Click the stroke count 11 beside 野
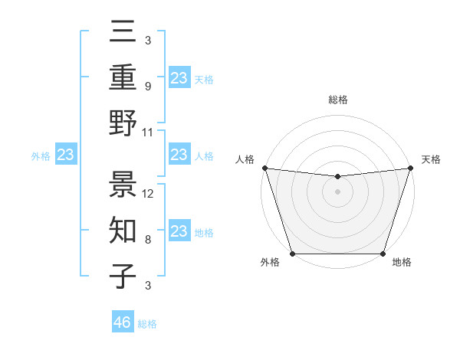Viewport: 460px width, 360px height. click(x=149, y=132)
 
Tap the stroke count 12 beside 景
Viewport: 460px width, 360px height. click(x=149, y=193)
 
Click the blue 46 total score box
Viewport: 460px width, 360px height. click(x=123, y=322)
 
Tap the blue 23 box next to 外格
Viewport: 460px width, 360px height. click(x=65, y=155)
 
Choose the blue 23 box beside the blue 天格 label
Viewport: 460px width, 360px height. click(x=179, y=77)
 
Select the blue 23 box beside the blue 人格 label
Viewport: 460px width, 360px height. click(x=179, y=155)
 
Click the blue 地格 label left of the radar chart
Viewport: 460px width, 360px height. click(x=204, y=233)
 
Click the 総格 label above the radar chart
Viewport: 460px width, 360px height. click(x=337, y=100)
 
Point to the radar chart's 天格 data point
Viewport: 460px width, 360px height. click(x=411, y=168)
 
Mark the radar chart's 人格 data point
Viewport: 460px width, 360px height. click(x=264, y=168)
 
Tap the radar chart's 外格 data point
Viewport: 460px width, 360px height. click(x=292, y=254)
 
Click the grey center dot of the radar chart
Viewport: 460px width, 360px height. click(x=337, y=191)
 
